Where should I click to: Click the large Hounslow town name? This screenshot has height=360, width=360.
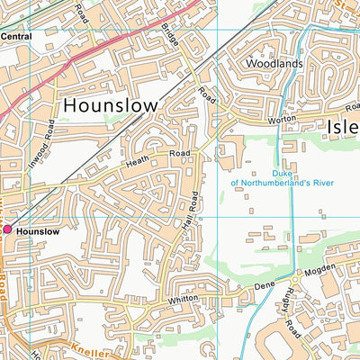(110, 104)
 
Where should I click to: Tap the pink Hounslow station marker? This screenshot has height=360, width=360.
(7, 230)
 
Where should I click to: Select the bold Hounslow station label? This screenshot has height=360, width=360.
(38, 231)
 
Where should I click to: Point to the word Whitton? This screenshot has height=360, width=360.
(183, 300)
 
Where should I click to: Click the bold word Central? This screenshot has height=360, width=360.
(16, 37)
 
